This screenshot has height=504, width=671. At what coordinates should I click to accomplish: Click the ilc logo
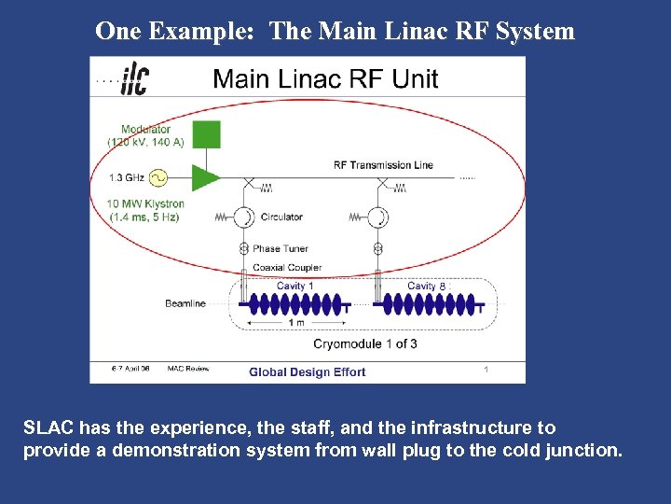click(x=133, y=78)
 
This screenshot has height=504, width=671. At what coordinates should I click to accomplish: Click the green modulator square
click(x=206, y=134)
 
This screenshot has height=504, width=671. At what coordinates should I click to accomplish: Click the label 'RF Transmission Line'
click(x=383, y=165)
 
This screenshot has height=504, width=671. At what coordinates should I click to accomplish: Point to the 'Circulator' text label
click(x=281, y=217)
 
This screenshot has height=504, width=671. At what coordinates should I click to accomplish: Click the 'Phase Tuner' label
click(x=280, y=249)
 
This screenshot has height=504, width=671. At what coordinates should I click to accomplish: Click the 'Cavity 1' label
click(x=294, y=286)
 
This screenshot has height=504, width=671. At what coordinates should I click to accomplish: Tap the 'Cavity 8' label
click(x=426, y=286)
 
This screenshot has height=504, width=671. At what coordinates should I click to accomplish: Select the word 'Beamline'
click(x=185, y=303)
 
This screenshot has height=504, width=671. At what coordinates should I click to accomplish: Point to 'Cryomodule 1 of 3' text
click(x=364, y=343)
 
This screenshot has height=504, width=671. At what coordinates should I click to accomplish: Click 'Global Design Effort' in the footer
click(x=307, y=372)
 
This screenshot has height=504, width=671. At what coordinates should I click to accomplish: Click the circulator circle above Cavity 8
click(x=377, y=217)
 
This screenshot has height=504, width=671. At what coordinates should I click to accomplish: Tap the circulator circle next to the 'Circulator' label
click(x=244, y=217)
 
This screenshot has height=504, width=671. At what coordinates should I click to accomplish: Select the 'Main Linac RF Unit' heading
click(x=325, y=78)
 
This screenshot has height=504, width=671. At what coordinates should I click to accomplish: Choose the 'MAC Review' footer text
click(x=188, y=369)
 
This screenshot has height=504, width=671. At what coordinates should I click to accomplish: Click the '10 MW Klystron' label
click(x=146, y=204)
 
